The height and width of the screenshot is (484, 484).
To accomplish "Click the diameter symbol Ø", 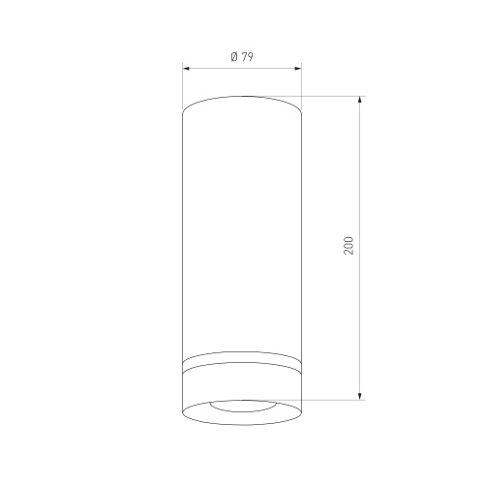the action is tap(234, 57).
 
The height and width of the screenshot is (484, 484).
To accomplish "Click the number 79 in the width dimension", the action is tap(247, 57).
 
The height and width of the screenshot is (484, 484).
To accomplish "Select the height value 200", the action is tap(348, 246).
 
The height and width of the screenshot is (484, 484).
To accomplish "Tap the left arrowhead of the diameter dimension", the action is tap(186, 69).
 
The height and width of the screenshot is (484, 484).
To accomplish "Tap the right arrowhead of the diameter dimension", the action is tap(298, 69).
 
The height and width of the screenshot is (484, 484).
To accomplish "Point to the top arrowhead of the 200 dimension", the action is tap(360, 100).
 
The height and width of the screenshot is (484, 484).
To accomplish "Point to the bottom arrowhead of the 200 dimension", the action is tap(360, 397).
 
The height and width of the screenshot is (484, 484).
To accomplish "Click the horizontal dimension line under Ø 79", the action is tap(242, 69).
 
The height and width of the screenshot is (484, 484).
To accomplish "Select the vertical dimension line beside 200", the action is tap(360, 248).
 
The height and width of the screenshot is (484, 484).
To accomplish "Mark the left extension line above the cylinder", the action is tap(183, 87).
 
